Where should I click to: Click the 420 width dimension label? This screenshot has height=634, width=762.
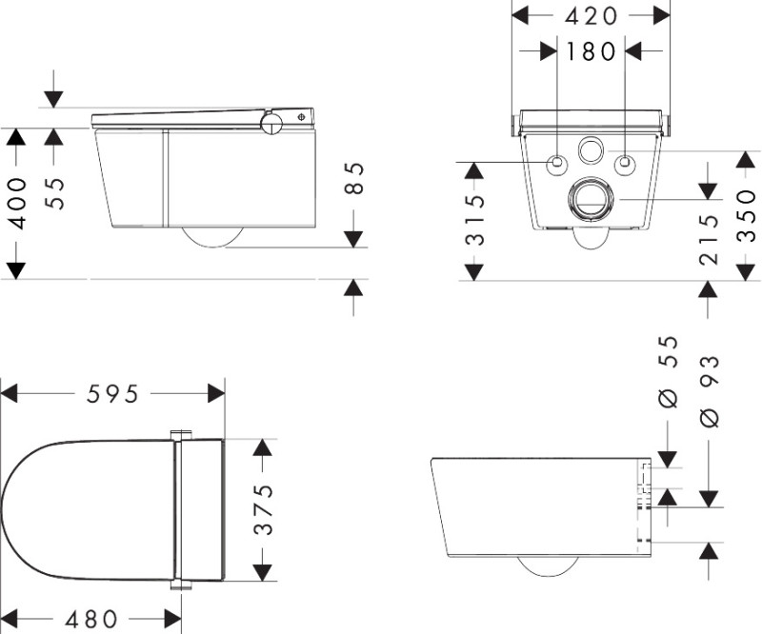coord(592,15)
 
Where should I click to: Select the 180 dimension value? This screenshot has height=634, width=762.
coord(592,51)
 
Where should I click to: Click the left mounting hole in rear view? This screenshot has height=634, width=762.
coord(556,164)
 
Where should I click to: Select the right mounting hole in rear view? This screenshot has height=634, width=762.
coord(626,164)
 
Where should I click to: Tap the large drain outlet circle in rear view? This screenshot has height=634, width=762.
coord(592,200)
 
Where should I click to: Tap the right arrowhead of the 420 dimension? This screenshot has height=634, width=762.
coord(664,15)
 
